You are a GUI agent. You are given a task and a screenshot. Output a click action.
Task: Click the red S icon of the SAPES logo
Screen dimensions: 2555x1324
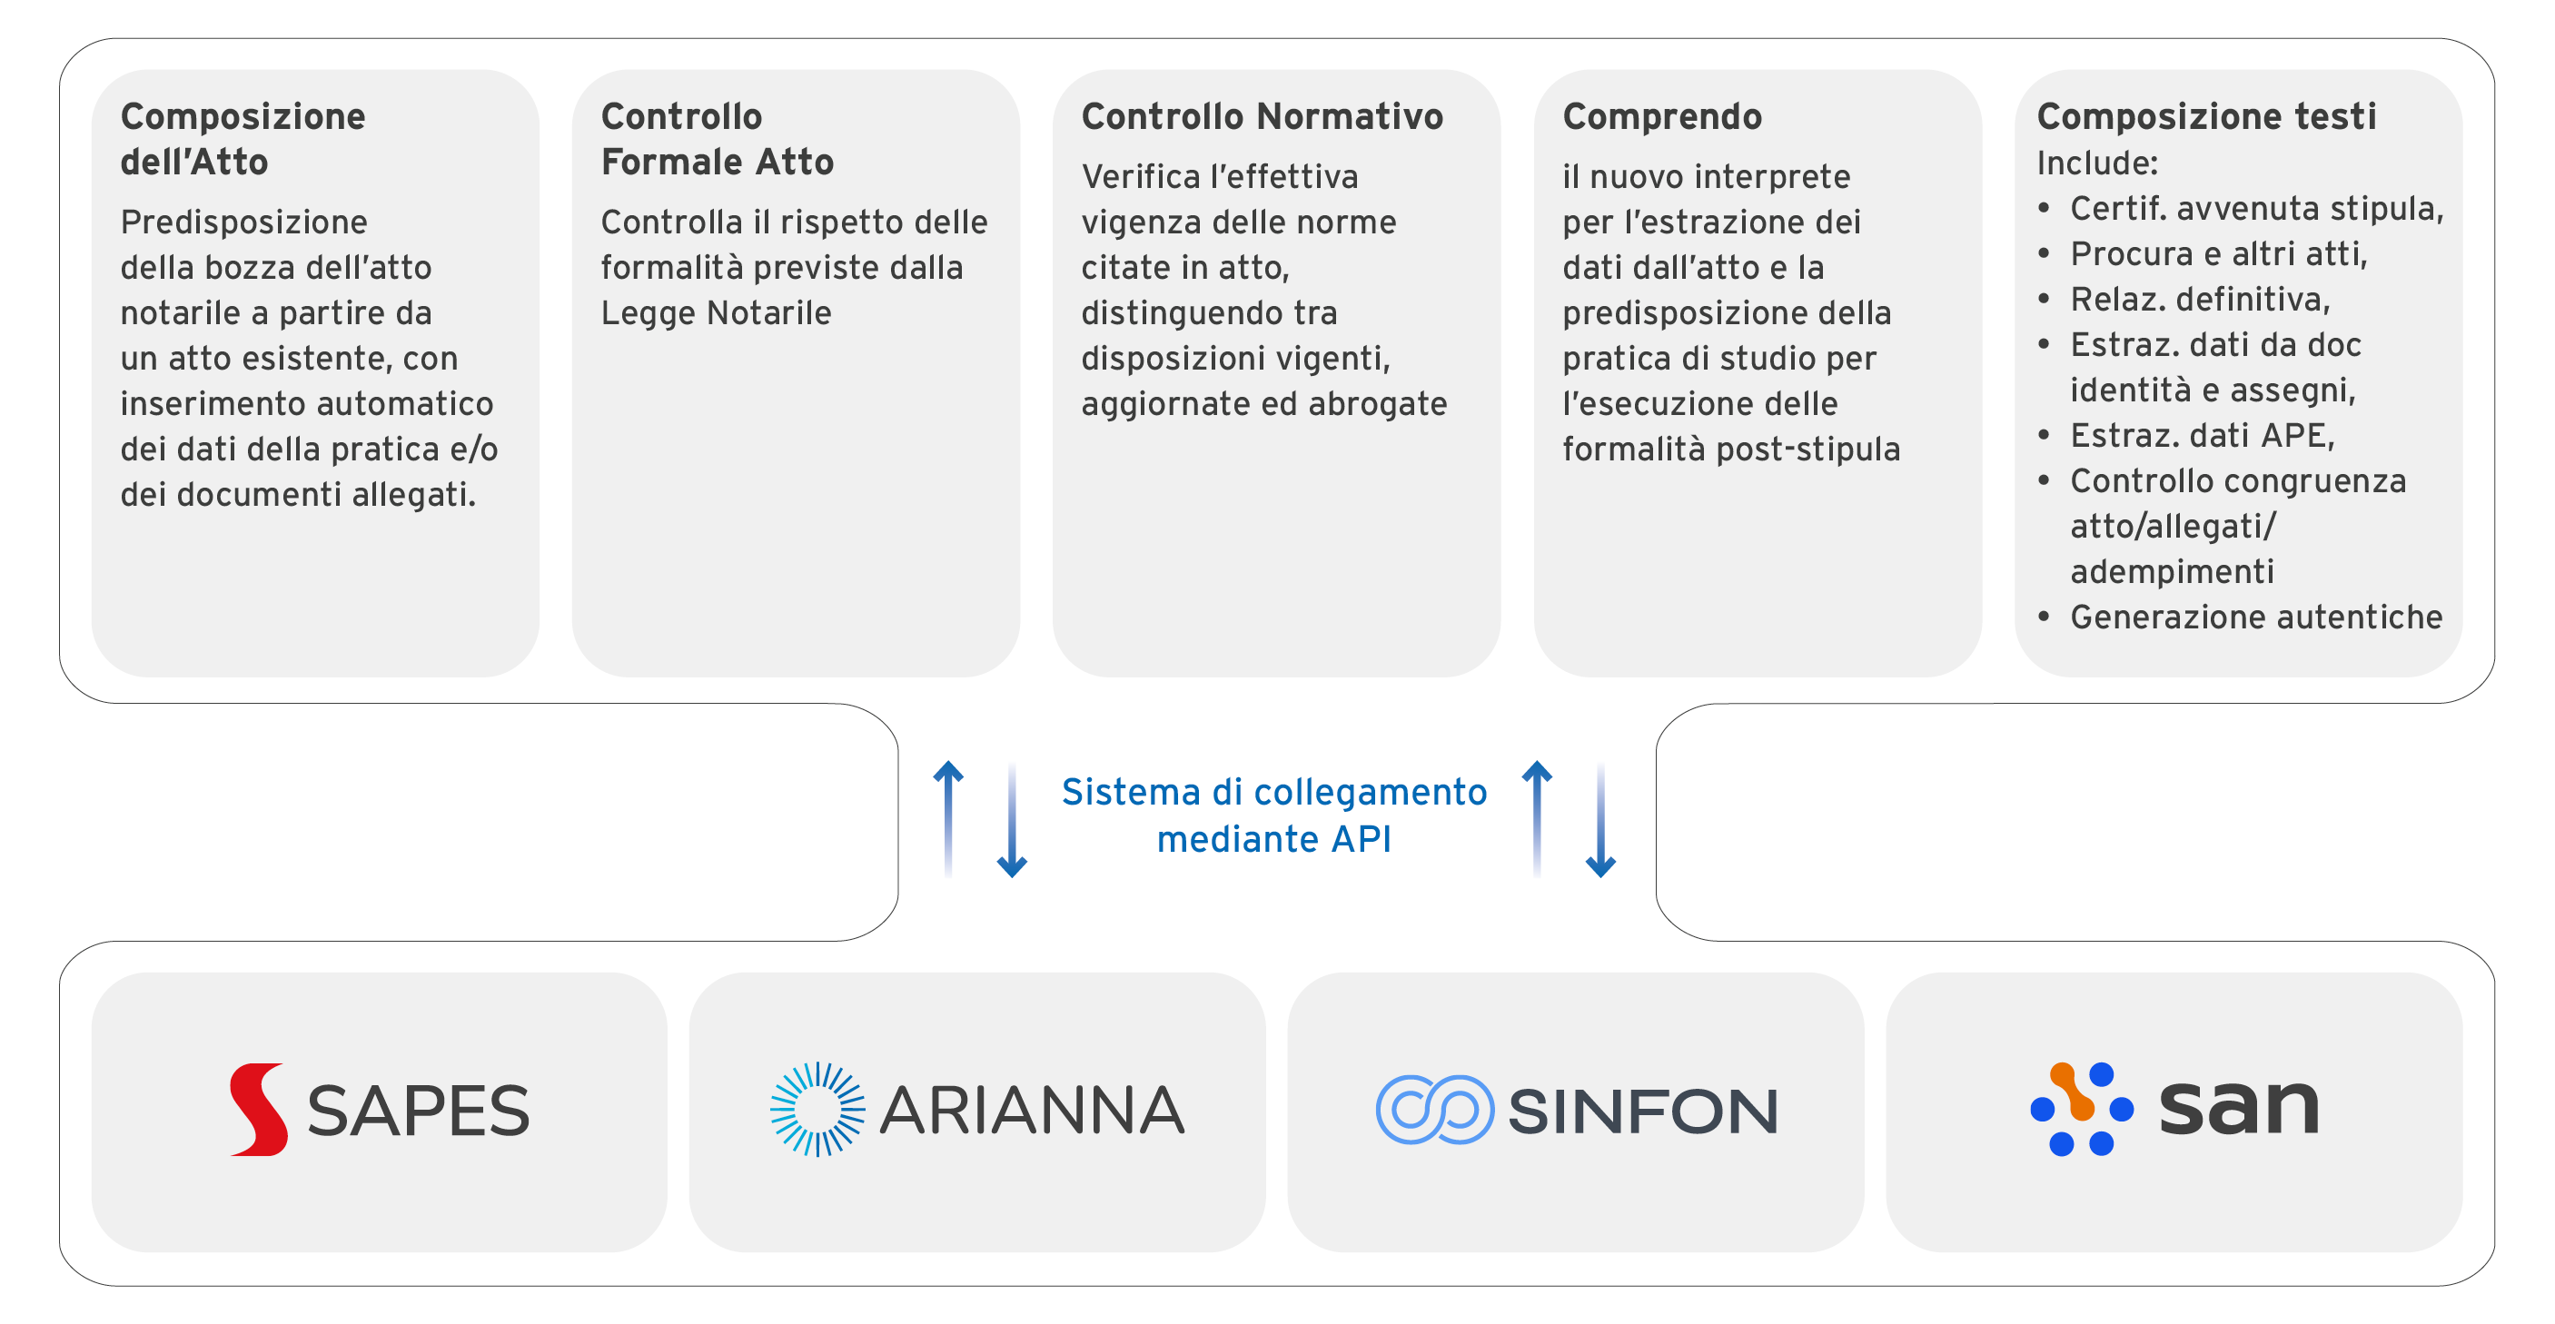click(259, 1110)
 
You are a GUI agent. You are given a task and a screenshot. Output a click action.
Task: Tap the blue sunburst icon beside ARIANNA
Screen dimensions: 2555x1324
click(818, 1110)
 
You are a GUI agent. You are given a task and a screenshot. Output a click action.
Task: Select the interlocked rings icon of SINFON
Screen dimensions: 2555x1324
click(1434, 1110)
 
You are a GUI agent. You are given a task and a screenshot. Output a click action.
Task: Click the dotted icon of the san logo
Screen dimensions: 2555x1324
click(2082, 1109)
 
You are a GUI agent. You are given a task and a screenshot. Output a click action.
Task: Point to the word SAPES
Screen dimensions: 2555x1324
click(419, 1111)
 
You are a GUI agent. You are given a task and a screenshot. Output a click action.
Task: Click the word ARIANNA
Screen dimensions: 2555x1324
click(1033, 1110)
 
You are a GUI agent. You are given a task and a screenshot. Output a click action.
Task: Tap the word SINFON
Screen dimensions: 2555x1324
click(1643, 1111)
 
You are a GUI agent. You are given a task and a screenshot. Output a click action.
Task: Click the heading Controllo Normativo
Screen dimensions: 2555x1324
click(1262, 116)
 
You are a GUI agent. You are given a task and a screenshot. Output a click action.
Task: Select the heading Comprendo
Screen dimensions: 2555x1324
click(1662, 117)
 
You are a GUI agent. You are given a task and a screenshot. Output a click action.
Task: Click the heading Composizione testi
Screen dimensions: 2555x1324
click(2207, 116)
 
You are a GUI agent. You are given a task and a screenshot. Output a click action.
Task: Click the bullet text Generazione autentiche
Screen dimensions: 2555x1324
click(2256, 617)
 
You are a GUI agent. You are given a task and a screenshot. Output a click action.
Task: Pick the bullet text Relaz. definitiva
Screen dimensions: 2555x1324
click(2200, 300)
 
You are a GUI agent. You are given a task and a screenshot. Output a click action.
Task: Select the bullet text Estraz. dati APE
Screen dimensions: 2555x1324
click(2202, 435)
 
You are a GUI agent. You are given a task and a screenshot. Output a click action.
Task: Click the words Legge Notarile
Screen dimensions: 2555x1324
click(716, 313)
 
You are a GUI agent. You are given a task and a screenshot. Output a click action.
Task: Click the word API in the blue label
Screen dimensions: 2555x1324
click(1361, 839)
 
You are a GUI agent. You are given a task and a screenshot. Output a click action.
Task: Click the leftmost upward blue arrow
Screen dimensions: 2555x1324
click(948, 819)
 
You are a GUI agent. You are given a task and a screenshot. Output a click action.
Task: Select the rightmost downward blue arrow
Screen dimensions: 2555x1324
click(1600, 819)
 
